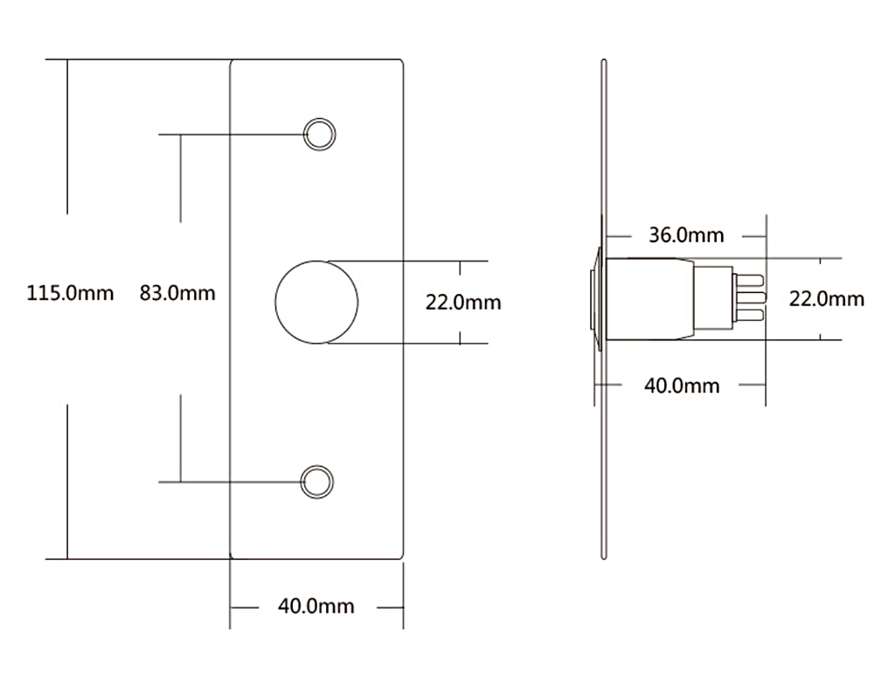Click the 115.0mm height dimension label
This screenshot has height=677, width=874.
(x=70, y=293)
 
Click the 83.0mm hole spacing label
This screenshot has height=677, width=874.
(x=177, y=293)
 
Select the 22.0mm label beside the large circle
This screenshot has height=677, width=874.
(x=463, y=303)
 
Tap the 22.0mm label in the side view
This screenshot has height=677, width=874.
(x=827, y=299)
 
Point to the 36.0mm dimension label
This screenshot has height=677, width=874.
(x=686, y=234)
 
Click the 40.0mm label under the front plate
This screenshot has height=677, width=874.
(x=316, y=605)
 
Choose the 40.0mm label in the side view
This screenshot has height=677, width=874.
(x=682, y=386)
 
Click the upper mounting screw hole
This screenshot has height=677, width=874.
(x=319, y=134)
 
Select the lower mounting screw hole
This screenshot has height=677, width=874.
(x=316, y=481)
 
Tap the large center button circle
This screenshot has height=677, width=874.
(x=316, y=302)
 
